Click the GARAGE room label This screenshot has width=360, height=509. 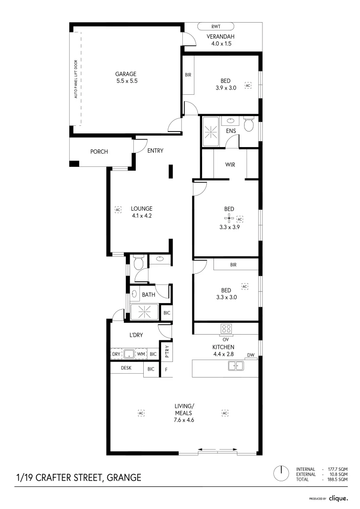click(x=126, y=74)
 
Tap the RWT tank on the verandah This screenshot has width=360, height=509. click(x=215, y=27)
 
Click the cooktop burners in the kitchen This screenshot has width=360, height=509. click(x=226, y=329)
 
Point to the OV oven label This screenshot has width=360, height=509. click(x=225, y=339)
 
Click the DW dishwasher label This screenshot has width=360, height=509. click(x=251, y=355)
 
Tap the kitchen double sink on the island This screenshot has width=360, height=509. click(x=236, y=365)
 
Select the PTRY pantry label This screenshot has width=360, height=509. click(x=166, y=351)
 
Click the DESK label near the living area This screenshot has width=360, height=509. click(x=126, y=368)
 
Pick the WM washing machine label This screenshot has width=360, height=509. click(x=141, y=354)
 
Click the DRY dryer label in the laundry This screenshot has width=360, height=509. click(x=116, y=354)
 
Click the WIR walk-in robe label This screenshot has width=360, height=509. click(x=230, y=165)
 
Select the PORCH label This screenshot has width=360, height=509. click(x=99, y=152)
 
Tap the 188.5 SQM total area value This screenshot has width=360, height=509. click(x=338, y=479)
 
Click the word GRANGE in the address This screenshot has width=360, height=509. click(x=124, y=477)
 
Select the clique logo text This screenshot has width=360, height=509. click(x=338, y=498)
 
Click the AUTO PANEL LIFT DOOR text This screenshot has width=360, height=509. click(x=75, y=79)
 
